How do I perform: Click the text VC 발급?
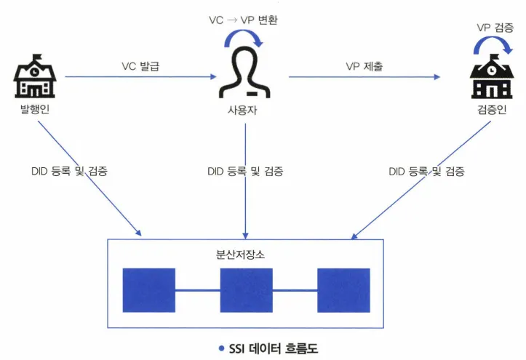pos(140,66)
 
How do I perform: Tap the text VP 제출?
pos(364,66)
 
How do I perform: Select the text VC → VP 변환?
pos(243,20)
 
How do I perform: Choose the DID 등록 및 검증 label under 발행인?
pos(70,172)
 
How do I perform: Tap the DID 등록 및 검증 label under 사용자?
pos(245,172)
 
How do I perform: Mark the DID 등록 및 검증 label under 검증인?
pos(426,172)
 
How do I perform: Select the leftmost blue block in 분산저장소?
pos(149,290)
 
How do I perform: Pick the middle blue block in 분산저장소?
pos(246,290)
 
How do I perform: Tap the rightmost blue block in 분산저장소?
pos(343,290)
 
